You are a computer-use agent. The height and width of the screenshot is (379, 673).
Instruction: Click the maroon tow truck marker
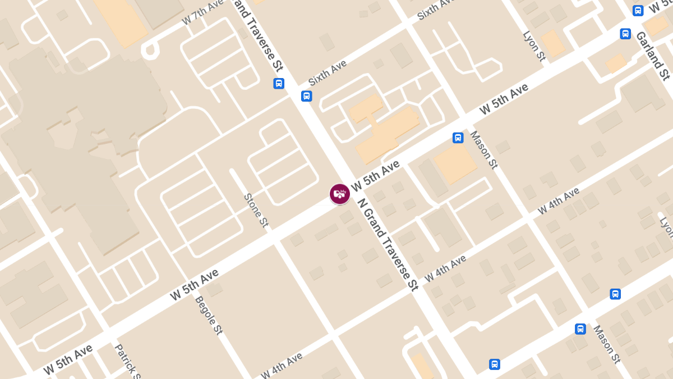tap(339, 194)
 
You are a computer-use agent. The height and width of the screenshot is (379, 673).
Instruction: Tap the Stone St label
tap(256, 210)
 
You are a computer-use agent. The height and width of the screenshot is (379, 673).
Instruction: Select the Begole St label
tap(209, 315)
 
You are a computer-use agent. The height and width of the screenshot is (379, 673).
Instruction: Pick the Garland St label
tap(653, 55)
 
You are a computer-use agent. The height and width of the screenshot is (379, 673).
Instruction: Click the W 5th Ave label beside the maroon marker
tap(375, 175)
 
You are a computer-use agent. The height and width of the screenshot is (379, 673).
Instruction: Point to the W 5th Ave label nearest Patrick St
tap(68, 359)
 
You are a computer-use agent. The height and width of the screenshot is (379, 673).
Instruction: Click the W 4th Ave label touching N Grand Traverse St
tap(445, 268)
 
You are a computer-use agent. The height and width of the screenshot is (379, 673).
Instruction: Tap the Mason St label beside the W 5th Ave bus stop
tap(483, 149)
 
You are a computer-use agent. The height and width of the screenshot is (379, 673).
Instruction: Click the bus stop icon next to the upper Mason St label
tap(458, 138)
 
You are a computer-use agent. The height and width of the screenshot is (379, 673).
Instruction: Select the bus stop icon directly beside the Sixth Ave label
tap(306, 95)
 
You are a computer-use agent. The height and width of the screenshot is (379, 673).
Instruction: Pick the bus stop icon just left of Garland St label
tap(625, 34)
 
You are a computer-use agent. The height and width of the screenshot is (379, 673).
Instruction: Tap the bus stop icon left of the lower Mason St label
tap(580, 329)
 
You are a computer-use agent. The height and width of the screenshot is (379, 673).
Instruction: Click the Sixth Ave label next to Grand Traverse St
tap(328, 72)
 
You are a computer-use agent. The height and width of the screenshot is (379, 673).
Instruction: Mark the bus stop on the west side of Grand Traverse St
tap(279, 84)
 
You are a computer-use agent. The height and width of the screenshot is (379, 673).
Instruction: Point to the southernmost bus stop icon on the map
tap(494, 364)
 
